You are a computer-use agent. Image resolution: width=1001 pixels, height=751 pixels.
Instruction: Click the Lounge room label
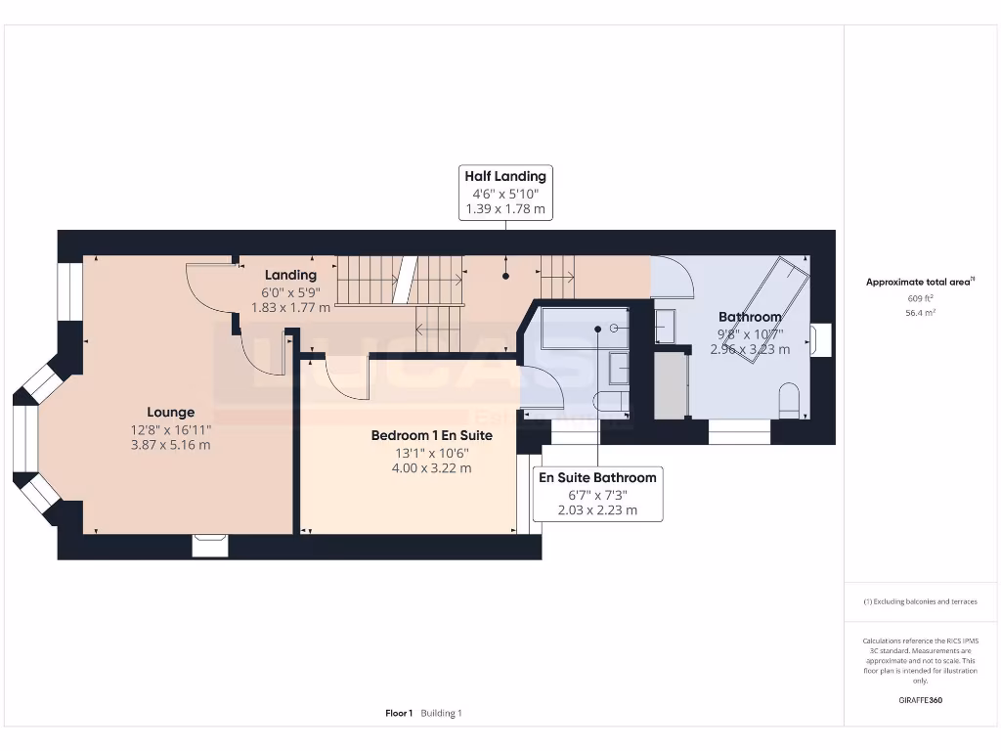tap(171, 413)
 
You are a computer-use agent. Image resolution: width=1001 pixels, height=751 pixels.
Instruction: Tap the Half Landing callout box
tap(505, 192)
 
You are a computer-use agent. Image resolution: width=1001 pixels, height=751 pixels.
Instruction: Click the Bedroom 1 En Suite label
tap(431, 435)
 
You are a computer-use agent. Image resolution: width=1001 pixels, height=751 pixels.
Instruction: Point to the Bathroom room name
tap(750, 317)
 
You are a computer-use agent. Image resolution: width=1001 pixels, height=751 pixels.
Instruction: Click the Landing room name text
tap(290, 276)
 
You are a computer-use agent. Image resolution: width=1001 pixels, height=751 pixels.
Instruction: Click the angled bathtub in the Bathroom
tap(770, 308)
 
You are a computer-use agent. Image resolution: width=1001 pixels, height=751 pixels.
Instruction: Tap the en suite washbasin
tap(619, 368)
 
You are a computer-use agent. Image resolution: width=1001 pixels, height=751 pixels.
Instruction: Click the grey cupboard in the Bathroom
tap(670, 384)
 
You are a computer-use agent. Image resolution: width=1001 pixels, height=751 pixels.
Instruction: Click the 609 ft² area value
tap(919, 298)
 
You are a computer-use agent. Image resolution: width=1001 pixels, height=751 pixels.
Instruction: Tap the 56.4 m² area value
tap(919, 313)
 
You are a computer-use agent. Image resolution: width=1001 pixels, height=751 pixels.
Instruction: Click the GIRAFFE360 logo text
tap(920, 700)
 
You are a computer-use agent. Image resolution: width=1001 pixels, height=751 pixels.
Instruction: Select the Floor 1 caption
tap(399, 714)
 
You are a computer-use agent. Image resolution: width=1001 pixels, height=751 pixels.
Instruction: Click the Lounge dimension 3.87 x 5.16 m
tap(171, 444)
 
